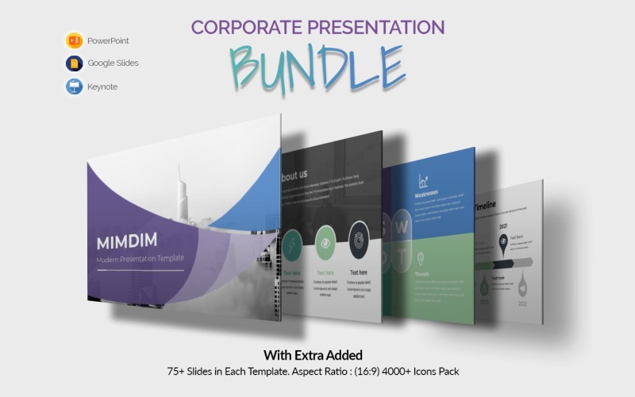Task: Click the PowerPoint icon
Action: pos(75,40)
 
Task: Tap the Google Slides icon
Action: pos(75,64)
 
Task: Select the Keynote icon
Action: pos(75,87)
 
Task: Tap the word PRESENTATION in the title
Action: pos(380,27)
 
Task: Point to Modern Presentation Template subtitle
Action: pos(140,259)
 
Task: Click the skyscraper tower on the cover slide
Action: pos(181,195)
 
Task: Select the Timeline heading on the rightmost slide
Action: pos(486,206)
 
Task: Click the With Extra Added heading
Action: pos(317,354)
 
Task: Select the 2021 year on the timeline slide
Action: pos(503,225)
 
